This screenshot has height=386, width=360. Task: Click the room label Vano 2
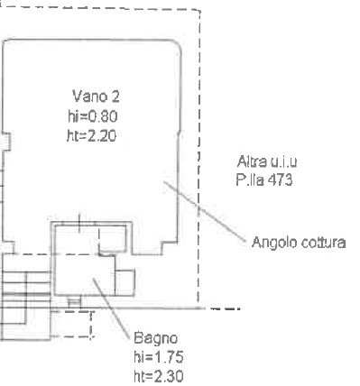pyautogui.click(x=96, y=96)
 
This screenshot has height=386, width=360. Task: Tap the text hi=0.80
pyautogui.click(x=93, y=116)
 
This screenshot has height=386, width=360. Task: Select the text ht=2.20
pyautogui.click(x=92, y=136)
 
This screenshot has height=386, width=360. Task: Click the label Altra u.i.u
pyautogui.click(x=267, y=161)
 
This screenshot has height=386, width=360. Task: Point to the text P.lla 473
pyautogui.click(x=264, y=180)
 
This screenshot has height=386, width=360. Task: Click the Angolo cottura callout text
pyautogui.click(x=299, y=243)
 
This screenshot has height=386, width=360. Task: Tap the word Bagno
pyautogui.click(x=155, y=339)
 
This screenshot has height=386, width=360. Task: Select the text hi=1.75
pyautogui.click(x=159, y=357)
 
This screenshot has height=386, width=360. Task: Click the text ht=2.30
pyautogui.click(x=159, y=376)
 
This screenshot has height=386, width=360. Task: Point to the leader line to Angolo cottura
pyautogui.click(x=205, y=211)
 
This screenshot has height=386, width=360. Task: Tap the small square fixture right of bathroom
pyautogui.click(x=125, y=282)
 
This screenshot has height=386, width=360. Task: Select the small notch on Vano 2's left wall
pyautogui.click(x=6, y=142)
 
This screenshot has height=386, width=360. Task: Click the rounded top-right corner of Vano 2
pyautogui.click(x=177, y=44)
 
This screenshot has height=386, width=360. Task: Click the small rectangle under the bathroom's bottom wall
pyautogui.click(x=74, y=302)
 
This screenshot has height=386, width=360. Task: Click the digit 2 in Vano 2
pyautogui.click(x=115, y=96)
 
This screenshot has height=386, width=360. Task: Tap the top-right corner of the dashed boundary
pyautogui.click(x=199, y=11)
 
